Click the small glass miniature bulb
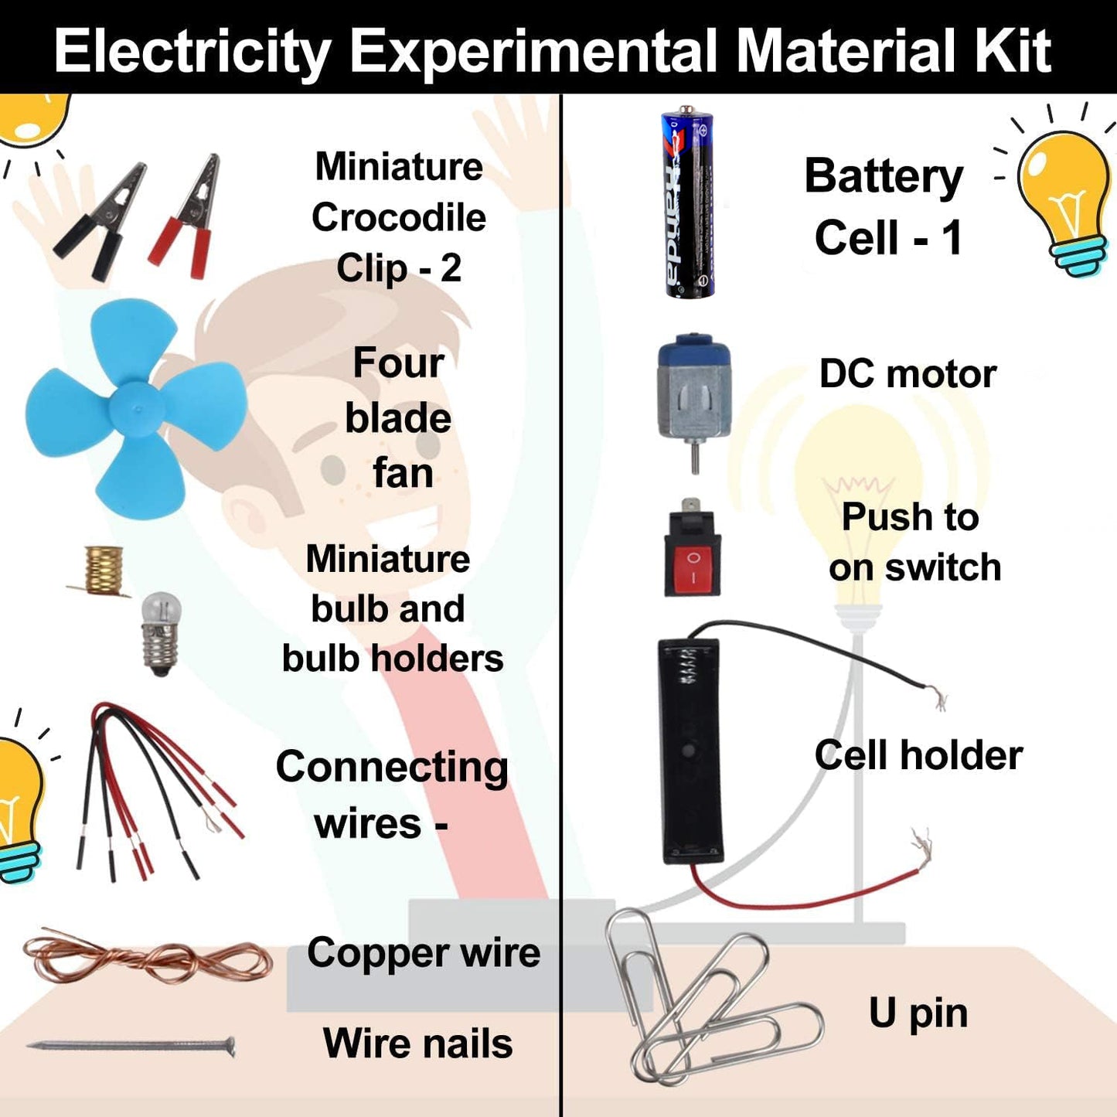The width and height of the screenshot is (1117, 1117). point(161,630)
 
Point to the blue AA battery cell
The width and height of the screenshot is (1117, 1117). point(688,203)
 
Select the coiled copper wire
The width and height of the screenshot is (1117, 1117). point(147,959)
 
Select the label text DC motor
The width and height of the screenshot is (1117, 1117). point(908,374)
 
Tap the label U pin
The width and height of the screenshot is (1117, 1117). point(918,1013)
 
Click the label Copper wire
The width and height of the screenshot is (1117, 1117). point(423,952)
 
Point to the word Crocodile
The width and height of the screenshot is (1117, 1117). point(399,218)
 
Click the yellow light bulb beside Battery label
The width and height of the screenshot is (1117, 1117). point(1065,197)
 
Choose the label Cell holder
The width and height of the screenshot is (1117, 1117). point(918,755)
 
